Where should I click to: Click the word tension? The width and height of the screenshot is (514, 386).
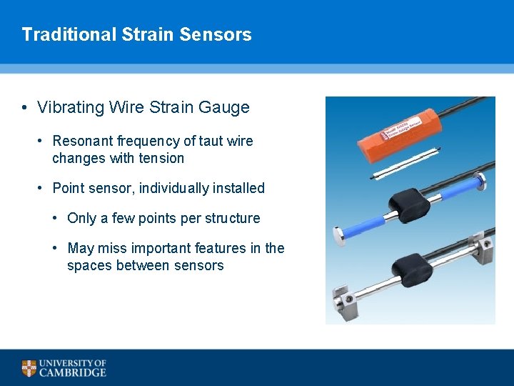pos(161,158)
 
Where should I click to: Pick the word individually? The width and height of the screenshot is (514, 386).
pos(178,188)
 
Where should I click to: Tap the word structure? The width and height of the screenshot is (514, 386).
pos(232,218)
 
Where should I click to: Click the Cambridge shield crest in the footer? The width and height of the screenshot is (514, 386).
pos(29,368)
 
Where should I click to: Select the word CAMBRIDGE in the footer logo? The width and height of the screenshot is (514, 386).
pos(72,372)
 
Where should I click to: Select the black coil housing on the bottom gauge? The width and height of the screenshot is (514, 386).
pos(411,269)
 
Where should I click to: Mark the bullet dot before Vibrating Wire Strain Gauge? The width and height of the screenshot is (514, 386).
pos(25,108)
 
